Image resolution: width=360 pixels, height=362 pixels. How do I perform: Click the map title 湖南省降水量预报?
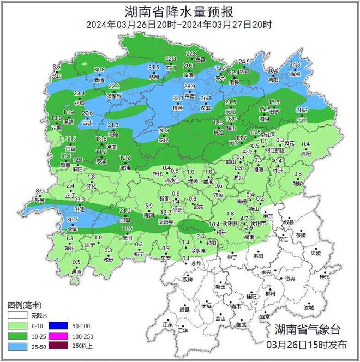(x=179, y=10)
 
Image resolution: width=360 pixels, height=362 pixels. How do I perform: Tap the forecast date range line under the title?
(x=179, y=25)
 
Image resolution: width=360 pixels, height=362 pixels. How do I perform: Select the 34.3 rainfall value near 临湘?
(x=295, y=65)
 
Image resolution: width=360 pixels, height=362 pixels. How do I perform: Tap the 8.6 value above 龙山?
(x=56, y=67)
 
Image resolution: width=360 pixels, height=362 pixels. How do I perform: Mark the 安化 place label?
(x=164, y=139)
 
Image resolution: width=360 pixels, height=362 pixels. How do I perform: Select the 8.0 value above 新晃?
(x=39, y=190)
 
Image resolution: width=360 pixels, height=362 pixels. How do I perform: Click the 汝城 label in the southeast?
(x=309, y=307)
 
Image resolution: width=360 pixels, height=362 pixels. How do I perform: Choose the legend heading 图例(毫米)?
(x=26, y=305)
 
